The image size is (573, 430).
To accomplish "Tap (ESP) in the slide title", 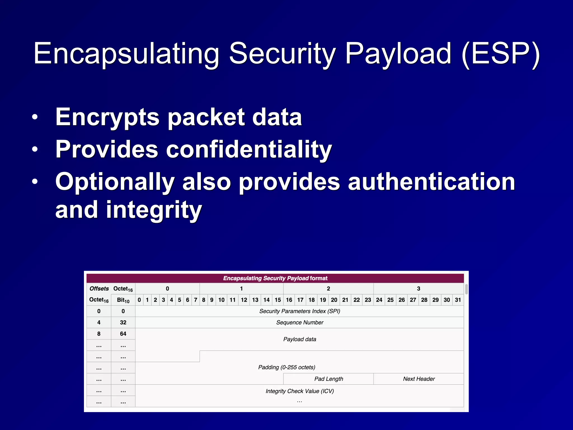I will point(501,54).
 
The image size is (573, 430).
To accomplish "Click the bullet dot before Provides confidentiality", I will point(35,149).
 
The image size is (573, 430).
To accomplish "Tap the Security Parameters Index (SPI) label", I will point(300,311).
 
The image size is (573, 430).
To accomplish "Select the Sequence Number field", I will point(300,322).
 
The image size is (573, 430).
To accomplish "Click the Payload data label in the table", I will point(300,339).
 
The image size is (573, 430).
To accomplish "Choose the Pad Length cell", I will point(328,379).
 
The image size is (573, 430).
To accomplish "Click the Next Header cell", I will point(419,379).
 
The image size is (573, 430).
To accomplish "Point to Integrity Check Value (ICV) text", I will point(300,391).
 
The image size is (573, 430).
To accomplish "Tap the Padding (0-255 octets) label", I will point(286,367).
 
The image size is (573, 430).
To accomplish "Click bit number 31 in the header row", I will point(458,300).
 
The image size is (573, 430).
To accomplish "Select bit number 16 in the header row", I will point(289,300).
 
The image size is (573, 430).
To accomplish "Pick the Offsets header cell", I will point(99,289).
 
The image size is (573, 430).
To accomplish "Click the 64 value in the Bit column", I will point(123,334).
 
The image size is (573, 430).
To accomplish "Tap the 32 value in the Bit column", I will point(123,322).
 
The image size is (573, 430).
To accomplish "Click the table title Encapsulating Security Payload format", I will point(275,278).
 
